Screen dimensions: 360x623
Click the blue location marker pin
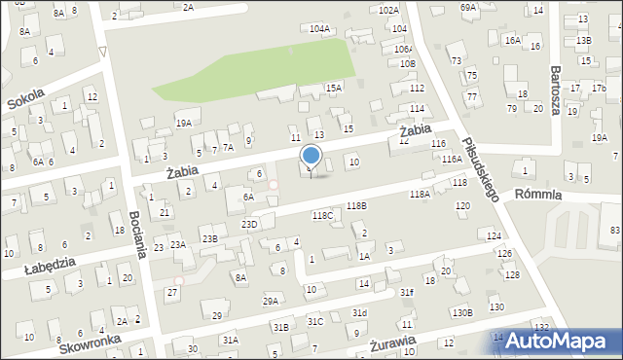(x=311, y=156)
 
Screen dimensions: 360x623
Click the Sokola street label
(x=26, y=101)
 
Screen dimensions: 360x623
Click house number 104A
(x=319, y=29)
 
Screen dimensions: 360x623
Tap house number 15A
(x=334, y=88)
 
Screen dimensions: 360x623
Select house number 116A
(x=450, y=159)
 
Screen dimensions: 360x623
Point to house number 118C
(x=322, y=215)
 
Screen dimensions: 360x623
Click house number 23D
(x=250, y=225)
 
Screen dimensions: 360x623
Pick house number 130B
(x=461, y=312)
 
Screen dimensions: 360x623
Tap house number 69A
(x=469, y=7)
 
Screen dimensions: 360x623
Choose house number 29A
(x=271, y=301)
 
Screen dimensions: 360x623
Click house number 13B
(x=583, y=40)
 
